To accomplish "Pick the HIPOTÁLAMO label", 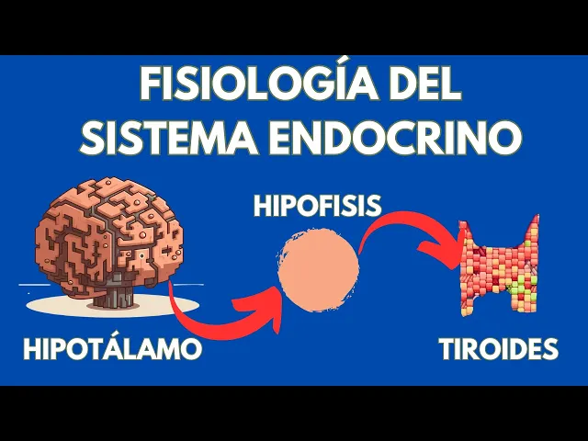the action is (x=111, y=350).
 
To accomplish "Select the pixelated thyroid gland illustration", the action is (x=499, y=266).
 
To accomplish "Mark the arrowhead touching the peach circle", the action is (x=271, y=299).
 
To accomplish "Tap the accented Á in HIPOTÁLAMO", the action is (x=109, y=348).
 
